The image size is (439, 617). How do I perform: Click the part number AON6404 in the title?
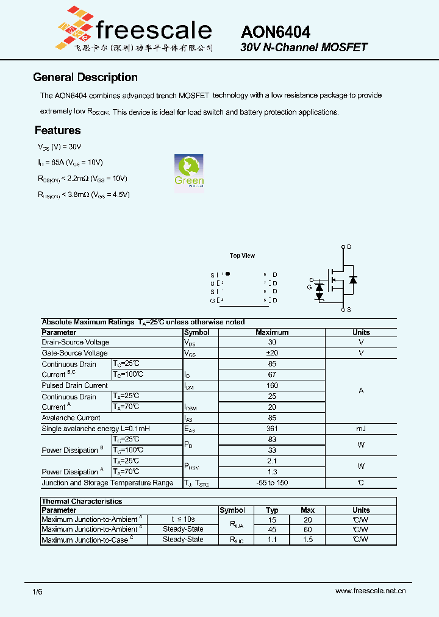pyautogui.click(x=276, y=32)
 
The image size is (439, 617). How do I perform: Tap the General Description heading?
pyautogui.click(x=85, y=77)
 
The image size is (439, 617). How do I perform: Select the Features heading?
pyautogui.click(x=57, y=130)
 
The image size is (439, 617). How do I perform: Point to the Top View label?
pyautogui.click(x=242, y=256)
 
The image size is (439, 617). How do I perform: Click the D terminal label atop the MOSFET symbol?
pyautogui.click(x=349, y=247)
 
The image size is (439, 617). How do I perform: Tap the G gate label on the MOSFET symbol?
pyautogui.click(x=309, y=287)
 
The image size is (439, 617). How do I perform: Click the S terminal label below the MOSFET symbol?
pyautogui.click(x=349, y=310)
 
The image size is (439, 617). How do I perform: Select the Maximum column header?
pyautogui.click(x=272, y=332)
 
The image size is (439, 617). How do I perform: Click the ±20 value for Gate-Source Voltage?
pyautogui.click(x=272, y=353)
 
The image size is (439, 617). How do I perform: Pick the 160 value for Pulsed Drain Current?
pyautogui.click(x=272, y=385)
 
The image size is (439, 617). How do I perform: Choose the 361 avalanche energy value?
pyautogui.click(x=272, y=429)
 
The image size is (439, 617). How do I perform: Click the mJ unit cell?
pyautogui.click(x=361, y=429)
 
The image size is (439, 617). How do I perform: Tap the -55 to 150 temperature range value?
pyautogui.click(x=272, y=483)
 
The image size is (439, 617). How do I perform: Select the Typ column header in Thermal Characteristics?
pyautogui.click(x=272, y=510)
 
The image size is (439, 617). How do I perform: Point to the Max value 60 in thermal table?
pyautogui.click(x=308, y=529)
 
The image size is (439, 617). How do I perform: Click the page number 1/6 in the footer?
pyautogui.click(x=37, y=591)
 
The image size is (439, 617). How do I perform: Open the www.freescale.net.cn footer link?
pyautogui.click(x=371, y=591)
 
